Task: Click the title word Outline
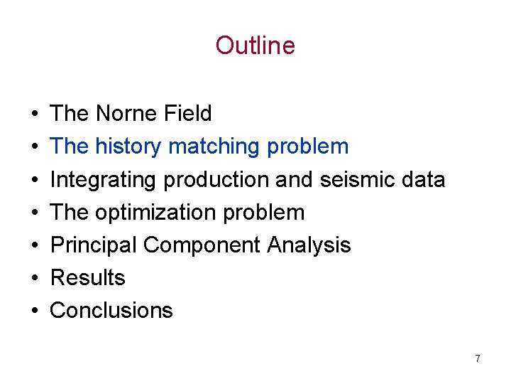tap(255, 46)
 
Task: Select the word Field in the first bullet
tap(189, 114)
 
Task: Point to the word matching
tap(216, 147)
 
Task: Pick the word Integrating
tap(104, 180)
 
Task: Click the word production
tap(216, 180)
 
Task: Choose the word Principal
tap(94, 245)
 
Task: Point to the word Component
tap(202, 245)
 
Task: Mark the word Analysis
tap(309, 245)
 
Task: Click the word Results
tap(88, 277)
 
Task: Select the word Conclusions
tap(111, 310)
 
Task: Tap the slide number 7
tap(478, 358)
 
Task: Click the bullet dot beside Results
tap(35, 278)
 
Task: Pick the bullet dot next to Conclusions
tap(35, 311)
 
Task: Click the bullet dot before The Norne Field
tap(35, 114)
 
